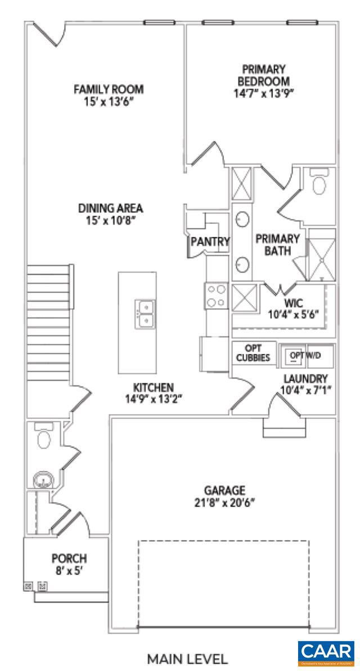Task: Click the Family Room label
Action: tap(109, 89)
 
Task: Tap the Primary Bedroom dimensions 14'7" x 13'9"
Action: tap(264, 93)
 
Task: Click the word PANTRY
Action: tap(210, 242)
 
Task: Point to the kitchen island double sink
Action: tap(145, 314)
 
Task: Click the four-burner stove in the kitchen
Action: tap(217, 296)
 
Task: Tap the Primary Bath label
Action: tap(277, 244)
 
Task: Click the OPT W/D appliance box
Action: tap(306, 355)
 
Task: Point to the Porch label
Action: tap(69, 559)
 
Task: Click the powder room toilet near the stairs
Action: tap(43, 436)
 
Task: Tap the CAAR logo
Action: tap(326, 653)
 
